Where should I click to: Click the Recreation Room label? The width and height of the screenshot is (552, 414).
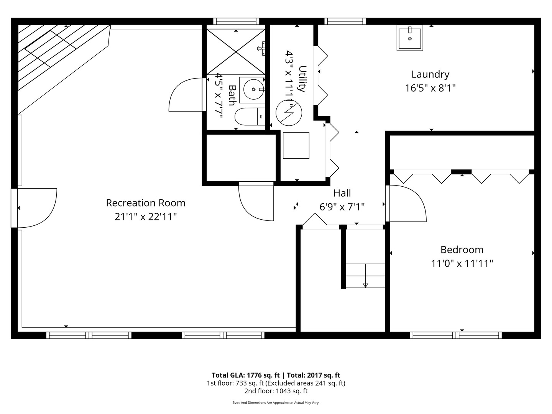pyautogui.click(x=146, y=203)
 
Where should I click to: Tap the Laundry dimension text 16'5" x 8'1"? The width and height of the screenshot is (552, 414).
pyautogui.click(x=430, y=88)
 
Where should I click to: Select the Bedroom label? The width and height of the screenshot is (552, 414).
pyautogui.click(x=462, y=250)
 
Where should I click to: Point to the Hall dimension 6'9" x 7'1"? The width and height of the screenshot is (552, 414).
pyautogui.click(x=342, y=207)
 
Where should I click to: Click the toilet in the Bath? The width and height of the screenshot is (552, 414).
pyautogui.click(x=250, y=117)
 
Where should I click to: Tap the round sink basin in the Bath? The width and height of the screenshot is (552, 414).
pyautogui.click(x=253, y=89)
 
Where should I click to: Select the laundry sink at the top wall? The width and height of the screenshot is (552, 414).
pyautogui.click(x=410, y=38)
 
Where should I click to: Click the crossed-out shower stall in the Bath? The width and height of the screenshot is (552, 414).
pyautogui.click(x=236, y=52)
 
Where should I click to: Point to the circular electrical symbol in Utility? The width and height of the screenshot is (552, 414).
pyautogui.click(x=289, y=113)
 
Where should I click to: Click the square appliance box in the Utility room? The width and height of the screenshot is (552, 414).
pyautogui.click(x=296, y=146)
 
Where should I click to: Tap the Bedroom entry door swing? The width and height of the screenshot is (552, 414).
pyautogui.click(x=406, y=203)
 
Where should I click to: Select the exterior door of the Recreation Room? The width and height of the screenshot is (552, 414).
pyautogui.click(x=34, y=208)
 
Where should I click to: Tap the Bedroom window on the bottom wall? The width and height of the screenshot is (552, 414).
pyautogui.click(x=455, y=335)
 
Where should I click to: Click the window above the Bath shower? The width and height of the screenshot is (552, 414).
pyautogui.click(x=236, y=21)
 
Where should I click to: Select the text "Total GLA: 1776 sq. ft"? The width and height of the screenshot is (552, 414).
pyautogui.click(x=246, y=375)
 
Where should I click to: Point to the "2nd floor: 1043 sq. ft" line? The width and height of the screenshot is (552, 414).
pyautogui.click(x=276, y=391)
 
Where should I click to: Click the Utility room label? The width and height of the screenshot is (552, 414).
pyautogui.click(x=302, y=79)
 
